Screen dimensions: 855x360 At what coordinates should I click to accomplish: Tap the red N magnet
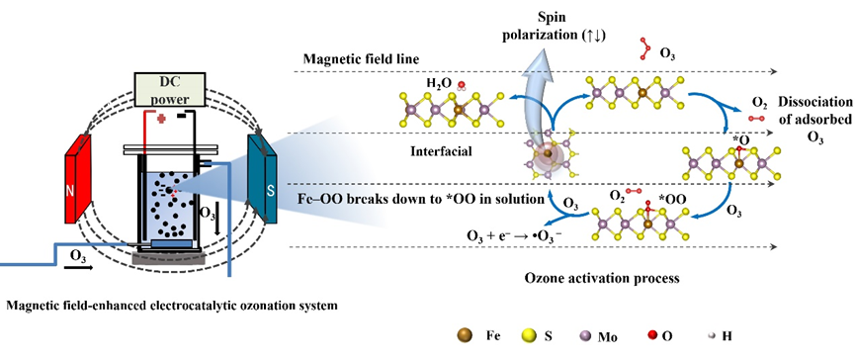click(77, 179)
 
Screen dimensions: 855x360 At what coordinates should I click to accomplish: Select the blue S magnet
click(263, 179)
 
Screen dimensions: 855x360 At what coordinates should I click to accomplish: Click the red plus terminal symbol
click(161, 119)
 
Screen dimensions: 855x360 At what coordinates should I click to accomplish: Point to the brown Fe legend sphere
click(463, 336)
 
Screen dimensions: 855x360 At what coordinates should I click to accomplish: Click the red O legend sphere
click(652, 336)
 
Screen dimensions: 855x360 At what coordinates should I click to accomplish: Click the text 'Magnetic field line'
click(362, 59)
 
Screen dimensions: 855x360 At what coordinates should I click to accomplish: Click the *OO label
click(672, 200)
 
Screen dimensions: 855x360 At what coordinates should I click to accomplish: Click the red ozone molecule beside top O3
click(644, 47)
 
